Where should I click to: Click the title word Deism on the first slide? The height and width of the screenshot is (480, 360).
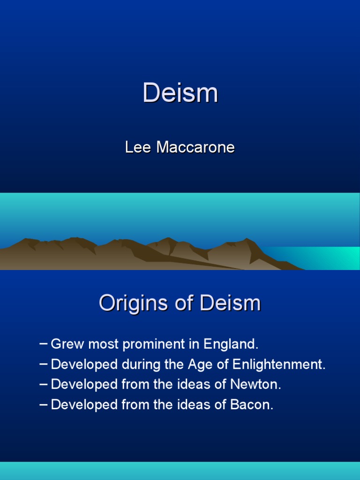pos(180,93)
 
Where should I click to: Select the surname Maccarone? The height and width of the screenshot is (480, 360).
pos(195,148)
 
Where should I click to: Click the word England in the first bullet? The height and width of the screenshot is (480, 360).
pos(231,345)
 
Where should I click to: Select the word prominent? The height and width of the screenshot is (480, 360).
pos(161,345)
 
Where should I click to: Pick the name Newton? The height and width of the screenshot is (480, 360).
pos(256,385)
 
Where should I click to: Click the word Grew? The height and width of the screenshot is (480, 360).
pos(65,345)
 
